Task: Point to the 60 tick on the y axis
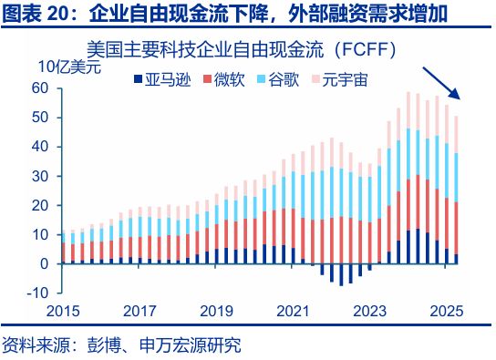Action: tap(39, 88)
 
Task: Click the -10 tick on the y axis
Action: tap(36, 293)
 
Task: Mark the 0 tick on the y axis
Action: tap(44, 264)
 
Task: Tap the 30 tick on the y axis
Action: tap(39, 176)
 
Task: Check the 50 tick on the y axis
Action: tap(39, 118)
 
